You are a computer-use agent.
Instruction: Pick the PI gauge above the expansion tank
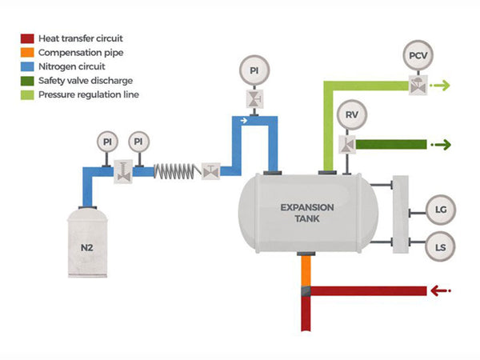click(254, 71)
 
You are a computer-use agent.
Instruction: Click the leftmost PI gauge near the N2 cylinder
click(107, 142)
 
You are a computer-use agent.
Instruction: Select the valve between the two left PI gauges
click(123, 170)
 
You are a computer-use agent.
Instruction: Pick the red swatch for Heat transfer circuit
click(26, 38)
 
